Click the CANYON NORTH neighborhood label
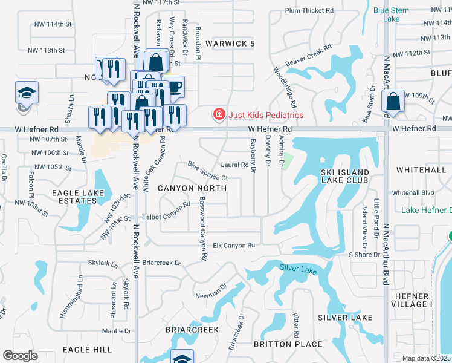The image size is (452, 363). [192, 188]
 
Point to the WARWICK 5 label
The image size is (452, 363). [230, 44]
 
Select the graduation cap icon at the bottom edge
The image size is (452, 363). [182, 358]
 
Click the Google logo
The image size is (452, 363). [20, 355]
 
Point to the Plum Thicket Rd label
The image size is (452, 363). [309, 11]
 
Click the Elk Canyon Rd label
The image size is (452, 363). [234, 245]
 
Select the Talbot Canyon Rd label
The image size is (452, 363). [167, 216]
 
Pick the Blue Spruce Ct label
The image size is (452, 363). [207, 171]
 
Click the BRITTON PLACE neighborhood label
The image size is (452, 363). [279, 344]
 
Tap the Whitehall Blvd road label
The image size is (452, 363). [413, 192]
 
